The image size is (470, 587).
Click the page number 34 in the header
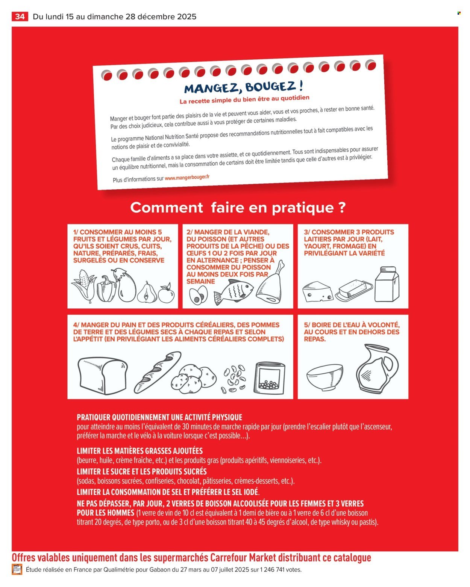coord(20,17)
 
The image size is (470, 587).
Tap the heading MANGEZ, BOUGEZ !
coord(243,87)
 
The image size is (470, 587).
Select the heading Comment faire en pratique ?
coord(238,208)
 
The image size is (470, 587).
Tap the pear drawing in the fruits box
coord(147,292)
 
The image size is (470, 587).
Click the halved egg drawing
coord(198,295)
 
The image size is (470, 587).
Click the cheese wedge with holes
coord(317,292)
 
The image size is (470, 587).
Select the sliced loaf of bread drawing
coord(102,375)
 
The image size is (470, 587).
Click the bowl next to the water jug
coord(325,375)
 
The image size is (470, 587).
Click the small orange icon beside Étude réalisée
coord(17,569)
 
